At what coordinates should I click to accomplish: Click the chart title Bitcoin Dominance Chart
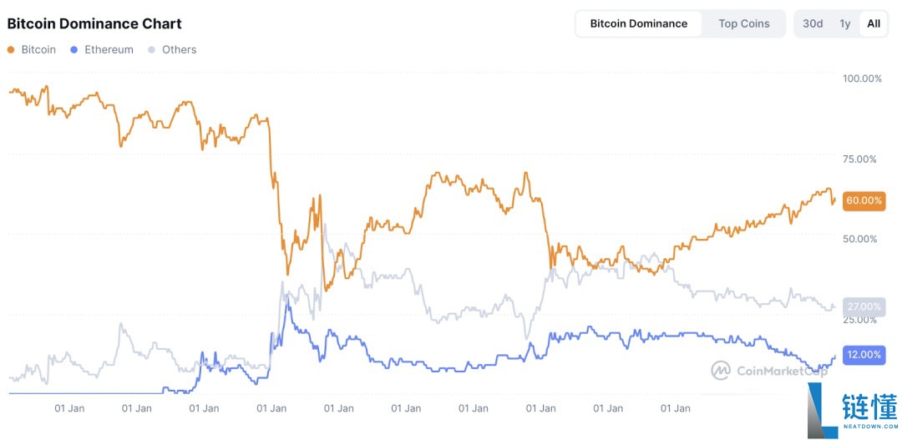94,23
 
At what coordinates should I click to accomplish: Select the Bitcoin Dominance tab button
639,23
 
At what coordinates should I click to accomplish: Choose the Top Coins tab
743,23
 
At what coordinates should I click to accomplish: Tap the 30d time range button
813,23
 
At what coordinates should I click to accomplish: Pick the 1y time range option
845,23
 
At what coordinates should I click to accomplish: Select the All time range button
874,23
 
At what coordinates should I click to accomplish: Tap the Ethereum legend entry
102,49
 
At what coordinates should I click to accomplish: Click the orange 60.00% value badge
864,200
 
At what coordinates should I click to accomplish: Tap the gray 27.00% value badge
864,306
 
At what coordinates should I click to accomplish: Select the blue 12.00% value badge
864,355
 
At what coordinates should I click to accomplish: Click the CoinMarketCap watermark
768,370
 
